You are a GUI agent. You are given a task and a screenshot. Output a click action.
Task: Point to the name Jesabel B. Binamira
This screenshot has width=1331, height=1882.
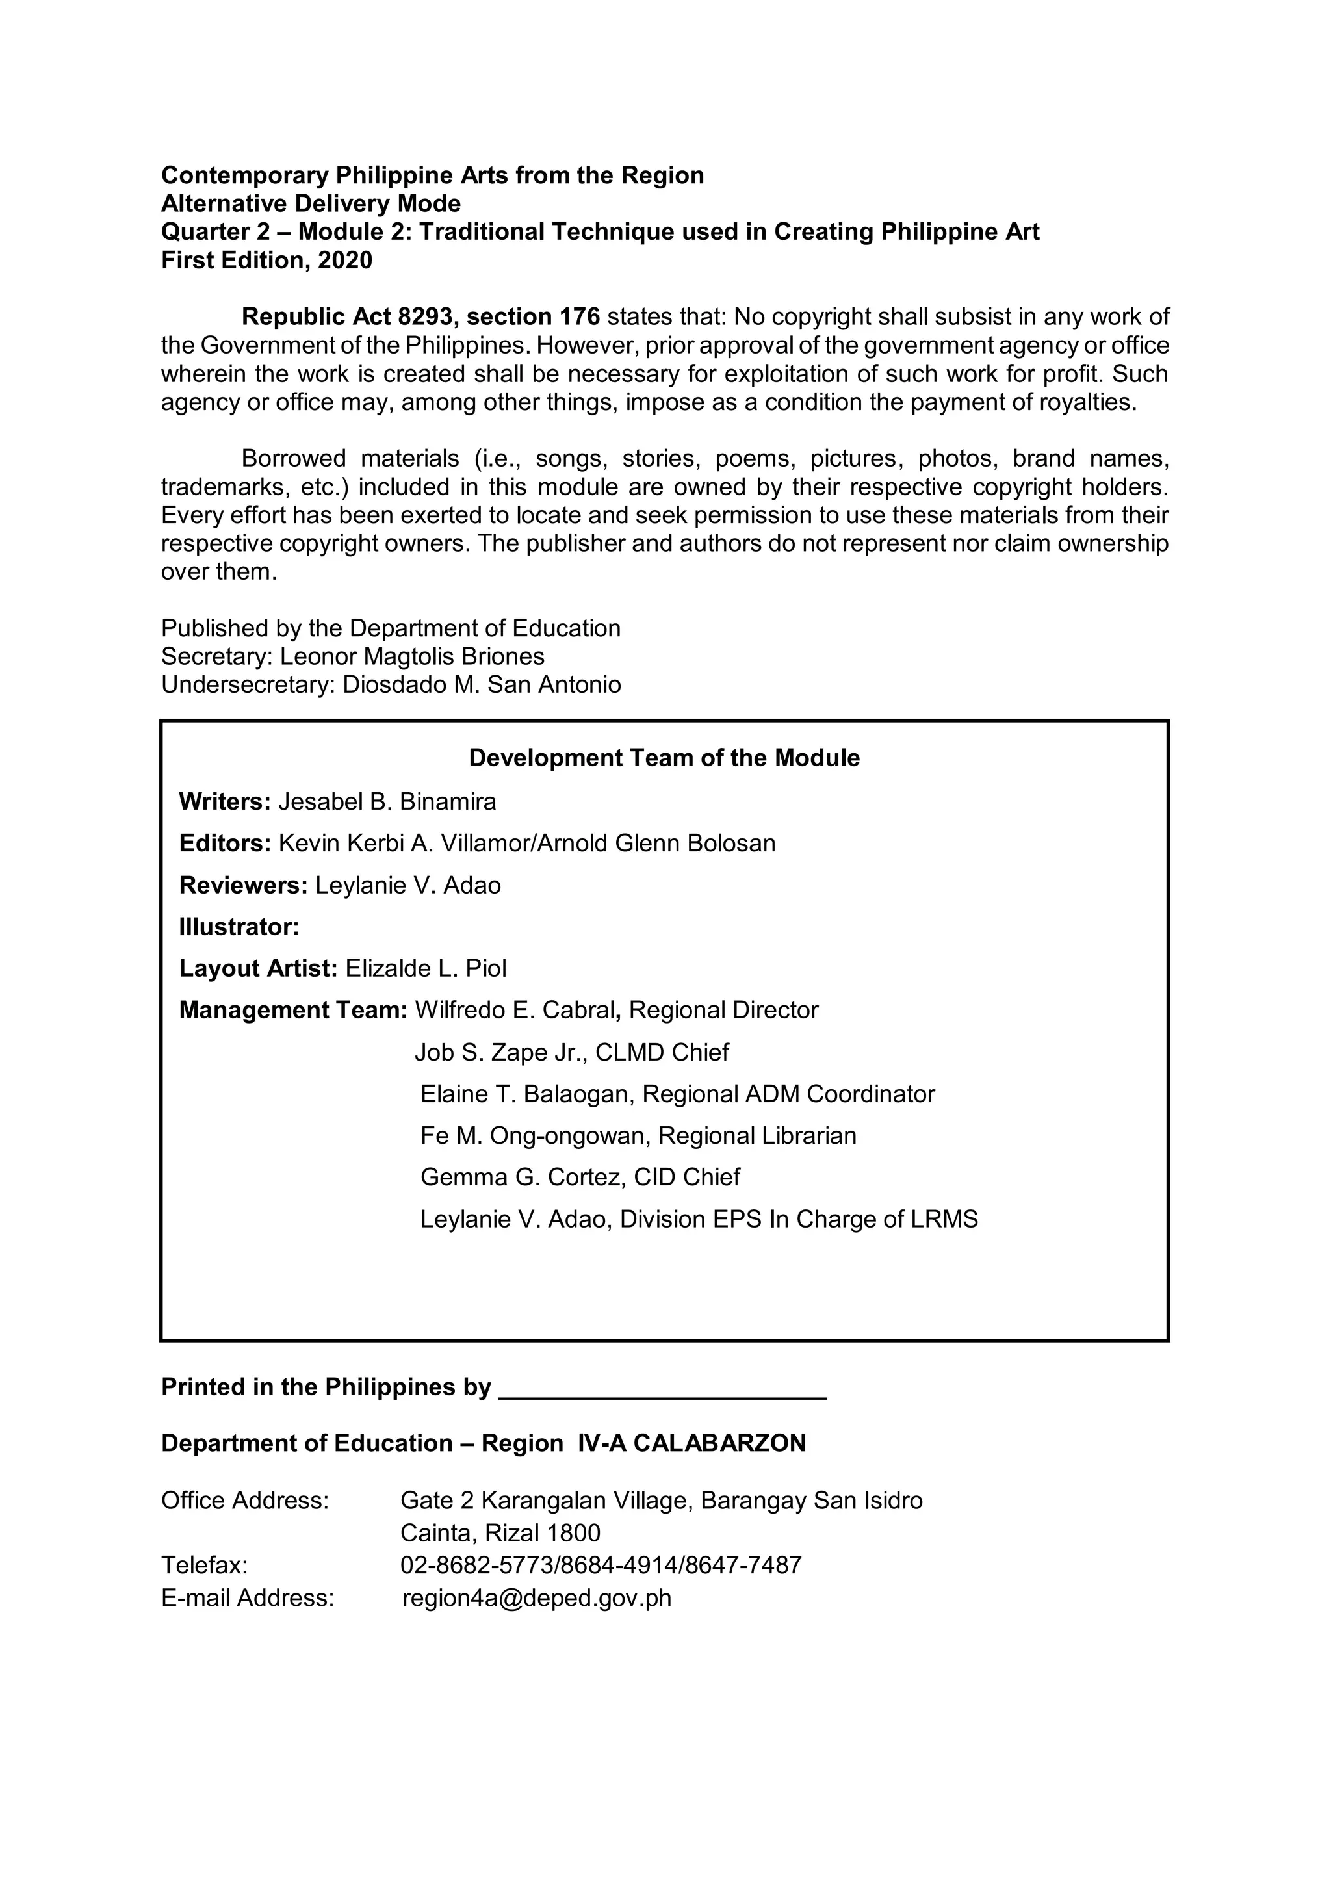coord(387,802)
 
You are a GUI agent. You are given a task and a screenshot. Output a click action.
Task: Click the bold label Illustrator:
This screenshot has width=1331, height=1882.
coord(239,927)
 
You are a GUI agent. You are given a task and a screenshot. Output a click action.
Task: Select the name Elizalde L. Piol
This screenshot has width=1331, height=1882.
coord(426,969)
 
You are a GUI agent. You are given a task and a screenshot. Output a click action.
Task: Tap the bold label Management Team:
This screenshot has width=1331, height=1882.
coord(292,1011)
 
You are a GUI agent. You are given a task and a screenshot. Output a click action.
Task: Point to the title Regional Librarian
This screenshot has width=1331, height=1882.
coord(757,1136)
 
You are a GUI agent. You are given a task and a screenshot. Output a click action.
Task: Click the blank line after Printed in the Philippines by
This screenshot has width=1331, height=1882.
coord(662,1387)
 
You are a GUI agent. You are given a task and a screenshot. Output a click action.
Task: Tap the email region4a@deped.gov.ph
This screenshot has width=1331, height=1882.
coord(537,1599)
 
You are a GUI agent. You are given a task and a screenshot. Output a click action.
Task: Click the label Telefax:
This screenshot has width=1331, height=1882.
coord(204,1566)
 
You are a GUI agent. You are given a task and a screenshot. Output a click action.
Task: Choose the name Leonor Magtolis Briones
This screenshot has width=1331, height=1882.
coord(412,656)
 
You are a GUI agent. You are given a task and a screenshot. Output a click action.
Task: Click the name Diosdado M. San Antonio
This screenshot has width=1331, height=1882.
coord(482,684)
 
